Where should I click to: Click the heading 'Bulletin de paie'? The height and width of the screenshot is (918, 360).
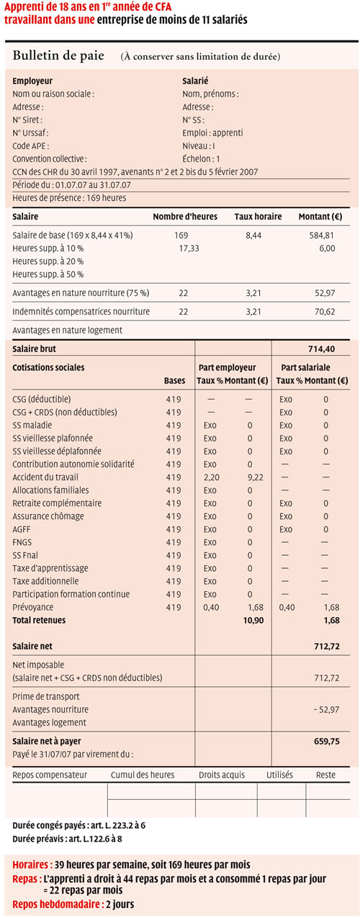[58, 55]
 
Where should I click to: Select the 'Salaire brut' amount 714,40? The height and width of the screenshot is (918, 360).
[321, 348]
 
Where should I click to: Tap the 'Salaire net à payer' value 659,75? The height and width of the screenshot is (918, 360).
[326, 741]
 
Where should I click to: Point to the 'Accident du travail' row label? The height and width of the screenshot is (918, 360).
[45, 477]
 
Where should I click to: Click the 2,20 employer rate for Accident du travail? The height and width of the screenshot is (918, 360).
[211, 477]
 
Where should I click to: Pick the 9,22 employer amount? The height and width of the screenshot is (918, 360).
[256, 477]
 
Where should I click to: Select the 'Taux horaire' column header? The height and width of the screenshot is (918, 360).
[258, 217]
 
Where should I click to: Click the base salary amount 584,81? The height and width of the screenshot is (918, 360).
[321, 235]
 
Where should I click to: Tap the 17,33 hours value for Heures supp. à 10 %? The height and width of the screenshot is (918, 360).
[189, 248]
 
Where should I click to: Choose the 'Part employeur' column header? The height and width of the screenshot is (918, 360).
[227, 368]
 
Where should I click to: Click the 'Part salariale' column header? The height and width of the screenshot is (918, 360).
[305, 368]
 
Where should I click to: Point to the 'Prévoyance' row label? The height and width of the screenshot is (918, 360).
[33, 607]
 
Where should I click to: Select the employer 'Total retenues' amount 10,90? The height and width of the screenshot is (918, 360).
[253, 620]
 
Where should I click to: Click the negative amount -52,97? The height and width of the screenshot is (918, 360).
[326, 709]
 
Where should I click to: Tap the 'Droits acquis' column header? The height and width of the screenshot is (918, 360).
[222, 775]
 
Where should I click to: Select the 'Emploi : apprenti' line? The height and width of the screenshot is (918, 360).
[213, 132]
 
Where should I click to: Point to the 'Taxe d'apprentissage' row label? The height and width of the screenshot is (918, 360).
[50, 568]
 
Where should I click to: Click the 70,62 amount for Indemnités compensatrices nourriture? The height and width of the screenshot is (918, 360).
[325, 312]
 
